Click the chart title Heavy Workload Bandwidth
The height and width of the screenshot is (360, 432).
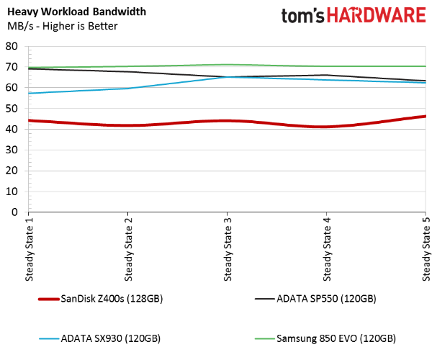tap(76, 12)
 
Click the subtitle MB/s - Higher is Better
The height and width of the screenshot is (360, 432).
tap(62, 26)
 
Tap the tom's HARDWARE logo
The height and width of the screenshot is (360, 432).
tap(354, 15)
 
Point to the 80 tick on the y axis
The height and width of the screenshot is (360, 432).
tap(12, 46)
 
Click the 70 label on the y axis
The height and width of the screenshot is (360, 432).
tap(12, 67)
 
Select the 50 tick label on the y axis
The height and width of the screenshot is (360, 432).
tap(12, 109)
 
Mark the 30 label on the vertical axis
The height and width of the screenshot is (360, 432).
tap(12, 150)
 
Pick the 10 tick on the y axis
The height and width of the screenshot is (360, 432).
tap(12, 192)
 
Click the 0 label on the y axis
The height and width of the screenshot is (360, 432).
tap(14, 212)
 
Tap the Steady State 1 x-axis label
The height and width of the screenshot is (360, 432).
tap(29, 249)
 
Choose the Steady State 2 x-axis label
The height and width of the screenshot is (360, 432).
tap(128, 249)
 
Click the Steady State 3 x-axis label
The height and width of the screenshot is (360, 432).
tap(228, 249)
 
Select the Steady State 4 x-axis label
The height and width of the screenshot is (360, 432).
tap(326, 249)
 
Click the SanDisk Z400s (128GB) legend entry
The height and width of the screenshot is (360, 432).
tap(101, 299)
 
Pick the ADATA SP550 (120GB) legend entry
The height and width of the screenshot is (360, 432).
tap(315, 299)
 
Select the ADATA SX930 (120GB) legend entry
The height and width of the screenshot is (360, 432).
tap(99, 338)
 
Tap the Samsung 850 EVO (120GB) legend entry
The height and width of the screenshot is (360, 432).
tap(325, 338)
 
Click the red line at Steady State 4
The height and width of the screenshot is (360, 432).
tap(326, 127)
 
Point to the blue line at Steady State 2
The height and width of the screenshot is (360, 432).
tap(127, 89)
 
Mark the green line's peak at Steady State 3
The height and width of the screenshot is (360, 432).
tap(227, 65)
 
